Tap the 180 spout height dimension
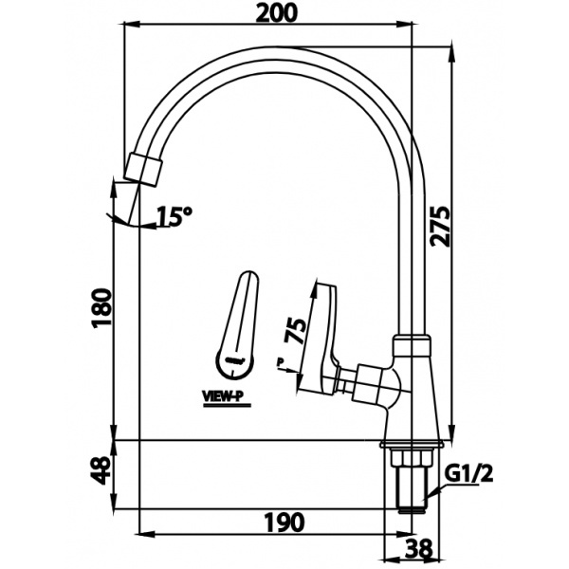(103, 307)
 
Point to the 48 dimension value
(103, 469)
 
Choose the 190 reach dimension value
(284, 522)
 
